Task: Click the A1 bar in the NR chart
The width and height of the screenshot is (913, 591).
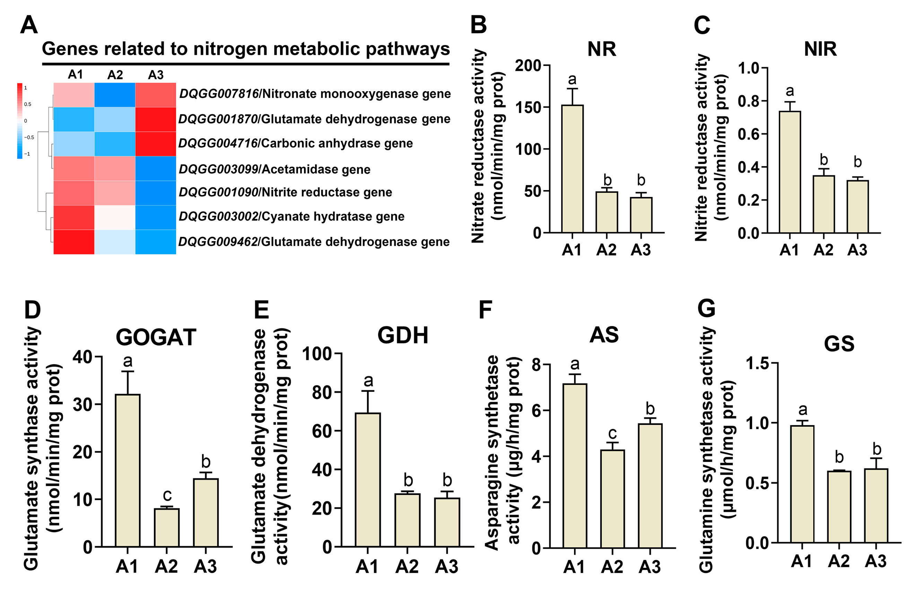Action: point(572,169)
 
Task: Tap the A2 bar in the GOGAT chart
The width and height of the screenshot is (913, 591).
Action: point(166,527)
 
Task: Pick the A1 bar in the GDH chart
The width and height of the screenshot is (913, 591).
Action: point(368,479)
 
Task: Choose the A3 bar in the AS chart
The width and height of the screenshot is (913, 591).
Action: point(650,486)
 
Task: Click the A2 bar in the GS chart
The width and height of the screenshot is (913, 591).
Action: point(839,507)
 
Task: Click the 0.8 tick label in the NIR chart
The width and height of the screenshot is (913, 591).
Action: point(748,101)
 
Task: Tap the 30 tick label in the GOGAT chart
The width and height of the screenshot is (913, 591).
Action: point(82,404)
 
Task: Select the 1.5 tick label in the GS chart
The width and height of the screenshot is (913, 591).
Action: point(757,363)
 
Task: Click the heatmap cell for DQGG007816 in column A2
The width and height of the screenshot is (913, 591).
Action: point(115,95)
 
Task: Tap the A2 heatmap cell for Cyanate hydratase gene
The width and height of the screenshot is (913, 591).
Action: point(115,217)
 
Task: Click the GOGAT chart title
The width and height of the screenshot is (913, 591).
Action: point(156,337)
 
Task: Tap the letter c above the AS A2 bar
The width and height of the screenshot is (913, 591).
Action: point(612,433)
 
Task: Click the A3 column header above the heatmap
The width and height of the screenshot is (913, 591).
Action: point(156,75)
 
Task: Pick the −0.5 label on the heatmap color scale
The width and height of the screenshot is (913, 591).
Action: point(29,137)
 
